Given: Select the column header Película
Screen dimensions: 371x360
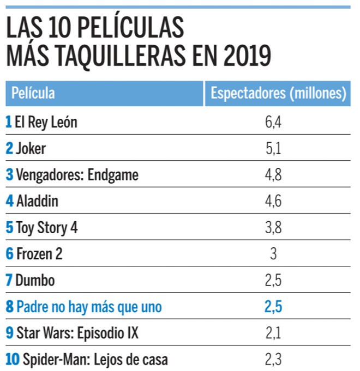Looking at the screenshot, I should tap(33, 93).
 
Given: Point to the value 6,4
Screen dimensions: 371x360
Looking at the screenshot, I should tap(273, 123).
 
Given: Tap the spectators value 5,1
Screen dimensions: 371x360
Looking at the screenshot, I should tap(273, 149).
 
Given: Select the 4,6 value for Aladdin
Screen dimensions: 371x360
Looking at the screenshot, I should tap(273, 202).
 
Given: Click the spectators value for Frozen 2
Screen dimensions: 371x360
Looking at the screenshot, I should tap(273, 254).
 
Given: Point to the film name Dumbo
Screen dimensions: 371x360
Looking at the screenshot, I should tap(35, 281).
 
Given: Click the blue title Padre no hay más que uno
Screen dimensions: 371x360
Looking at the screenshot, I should tap(89, 307).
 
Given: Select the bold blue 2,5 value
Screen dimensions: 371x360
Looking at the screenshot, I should tap(273, 307).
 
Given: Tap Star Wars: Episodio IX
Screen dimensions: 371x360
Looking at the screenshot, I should tap(77, 333).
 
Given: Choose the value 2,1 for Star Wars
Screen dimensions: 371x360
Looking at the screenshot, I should tap(273, 333).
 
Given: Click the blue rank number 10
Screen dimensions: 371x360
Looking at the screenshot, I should tap(13, 360).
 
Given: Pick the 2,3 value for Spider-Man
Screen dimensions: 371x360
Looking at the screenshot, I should tap(273, 360).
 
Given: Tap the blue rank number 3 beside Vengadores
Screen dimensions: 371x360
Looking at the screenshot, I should tap(9, 175).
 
